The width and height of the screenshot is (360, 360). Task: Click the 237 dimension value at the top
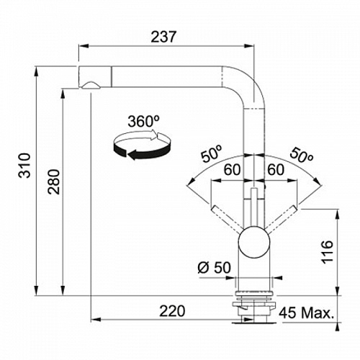pos(163,37)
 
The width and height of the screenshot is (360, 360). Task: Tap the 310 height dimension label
pos(24,165)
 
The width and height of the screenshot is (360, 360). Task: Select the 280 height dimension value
pos(53,181)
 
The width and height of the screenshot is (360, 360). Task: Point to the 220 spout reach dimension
pos(172,311)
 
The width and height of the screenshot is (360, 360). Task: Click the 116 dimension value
pos(328,251)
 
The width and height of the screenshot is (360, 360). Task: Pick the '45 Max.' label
pos(307,312)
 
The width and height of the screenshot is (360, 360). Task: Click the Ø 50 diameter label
pos(214,267)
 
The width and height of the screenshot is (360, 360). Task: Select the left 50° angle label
pos(212,154)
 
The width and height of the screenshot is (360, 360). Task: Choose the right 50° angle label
pos(302,155)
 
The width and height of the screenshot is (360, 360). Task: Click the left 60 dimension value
pos(232,169)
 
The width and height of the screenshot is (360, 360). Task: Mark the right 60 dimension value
pos(276,169)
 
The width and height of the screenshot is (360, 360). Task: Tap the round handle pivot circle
pos(254,242)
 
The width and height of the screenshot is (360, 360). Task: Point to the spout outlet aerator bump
pos(91,86)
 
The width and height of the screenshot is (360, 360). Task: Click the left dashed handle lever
pos(228,219)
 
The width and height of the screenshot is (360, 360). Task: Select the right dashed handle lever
pos(281,219)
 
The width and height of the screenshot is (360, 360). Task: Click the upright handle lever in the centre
pos(254,207)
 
